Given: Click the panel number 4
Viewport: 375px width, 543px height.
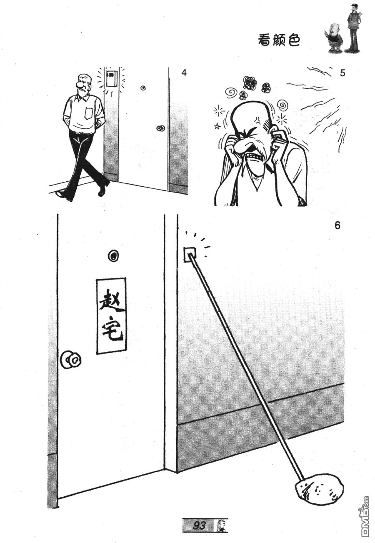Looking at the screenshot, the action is (x=184, y=73).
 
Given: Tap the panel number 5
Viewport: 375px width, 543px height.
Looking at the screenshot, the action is (x=342, y=73).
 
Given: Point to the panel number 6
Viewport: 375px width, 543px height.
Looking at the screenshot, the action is (x=337, y=225).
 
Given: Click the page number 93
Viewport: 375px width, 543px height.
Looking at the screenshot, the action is (x=199, y=524).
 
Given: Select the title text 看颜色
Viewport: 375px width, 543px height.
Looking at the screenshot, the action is (x=279, y=40).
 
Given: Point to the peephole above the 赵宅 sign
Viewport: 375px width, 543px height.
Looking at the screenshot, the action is (x=113, y=256).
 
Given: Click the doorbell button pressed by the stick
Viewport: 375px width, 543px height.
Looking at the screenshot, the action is (x=190, y=254).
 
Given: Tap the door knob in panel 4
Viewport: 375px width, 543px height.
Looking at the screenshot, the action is (x=160, y=128).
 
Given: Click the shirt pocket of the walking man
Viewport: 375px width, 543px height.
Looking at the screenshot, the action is (x=89, y=113).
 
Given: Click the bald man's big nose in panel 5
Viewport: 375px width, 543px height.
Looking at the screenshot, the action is (x=243, y=146).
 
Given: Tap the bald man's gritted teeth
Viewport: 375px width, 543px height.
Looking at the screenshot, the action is (x=254, y=155).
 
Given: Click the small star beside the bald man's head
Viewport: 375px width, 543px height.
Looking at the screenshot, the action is (x=217, y=126).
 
